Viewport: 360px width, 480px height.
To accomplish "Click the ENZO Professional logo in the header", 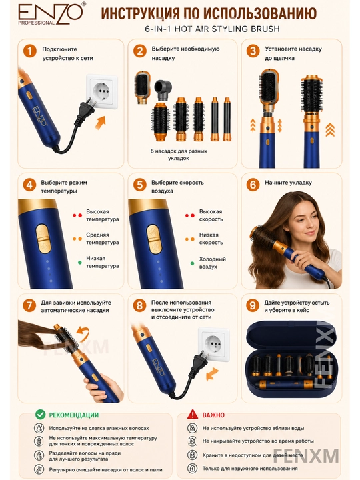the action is click(x=50, y=15).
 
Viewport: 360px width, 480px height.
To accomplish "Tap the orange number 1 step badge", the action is click(x=30, y=51).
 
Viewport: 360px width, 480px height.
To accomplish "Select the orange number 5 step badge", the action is click(x=139, y=185).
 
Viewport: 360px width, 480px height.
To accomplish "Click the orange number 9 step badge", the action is click(x=253, y=305).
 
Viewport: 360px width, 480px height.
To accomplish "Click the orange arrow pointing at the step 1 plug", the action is click(x=100, y=123).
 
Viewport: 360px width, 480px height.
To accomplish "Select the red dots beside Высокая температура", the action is click(x=77, y=215).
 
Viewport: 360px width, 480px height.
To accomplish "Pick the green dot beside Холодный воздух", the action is click(x=192, y=263).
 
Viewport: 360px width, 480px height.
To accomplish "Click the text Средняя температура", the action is click(x=102, y=239).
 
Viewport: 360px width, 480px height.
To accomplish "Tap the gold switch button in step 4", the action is click(x=42, y=239).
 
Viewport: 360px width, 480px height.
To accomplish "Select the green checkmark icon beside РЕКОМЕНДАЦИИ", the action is click(x=40, y=415).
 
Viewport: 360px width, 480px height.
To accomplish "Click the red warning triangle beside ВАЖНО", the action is click(x=193, y=414).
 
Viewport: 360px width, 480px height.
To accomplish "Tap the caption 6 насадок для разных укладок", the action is click(x=179, y=155).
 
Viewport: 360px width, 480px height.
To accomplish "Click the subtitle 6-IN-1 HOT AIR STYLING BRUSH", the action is click(x=213, y=29).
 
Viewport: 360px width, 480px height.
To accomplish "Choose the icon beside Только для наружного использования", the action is click(x=192, y=468).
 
